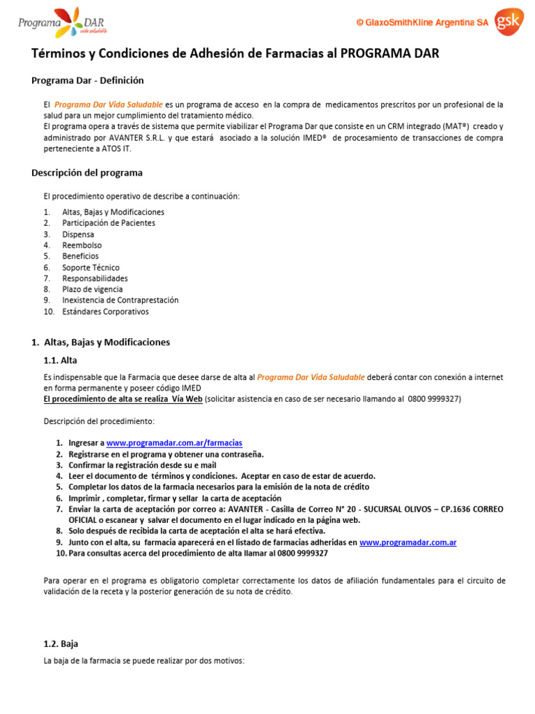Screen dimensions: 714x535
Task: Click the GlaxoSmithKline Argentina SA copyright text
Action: click(422, 23)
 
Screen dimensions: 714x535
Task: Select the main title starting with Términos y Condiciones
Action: click(235, 54)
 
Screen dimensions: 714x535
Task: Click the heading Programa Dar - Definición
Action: click(88, 80)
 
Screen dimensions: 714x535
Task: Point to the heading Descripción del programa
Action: click(87, 172)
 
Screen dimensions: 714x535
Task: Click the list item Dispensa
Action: click(78, 234)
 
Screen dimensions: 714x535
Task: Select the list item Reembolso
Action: click(82, 245)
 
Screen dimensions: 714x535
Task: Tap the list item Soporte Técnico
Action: click(91, 268)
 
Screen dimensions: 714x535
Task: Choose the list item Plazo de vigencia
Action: click(92, 289)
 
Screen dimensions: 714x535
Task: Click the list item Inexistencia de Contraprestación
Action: click(120, 301)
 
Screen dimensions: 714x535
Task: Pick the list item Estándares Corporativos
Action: click(105, 312)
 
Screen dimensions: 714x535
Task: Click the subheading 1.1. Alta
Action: click(60, 360)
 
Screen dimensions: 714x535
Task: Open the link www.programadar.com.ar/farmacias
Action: click(174, 443)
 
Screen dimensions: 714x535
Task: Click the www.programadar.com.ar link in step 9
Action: click(408, 542)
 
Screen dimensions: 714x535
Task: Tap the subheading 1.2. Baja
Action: click(61, 644)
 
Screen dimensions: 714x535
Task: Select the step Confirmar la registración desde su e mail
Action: click(142, 465)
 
